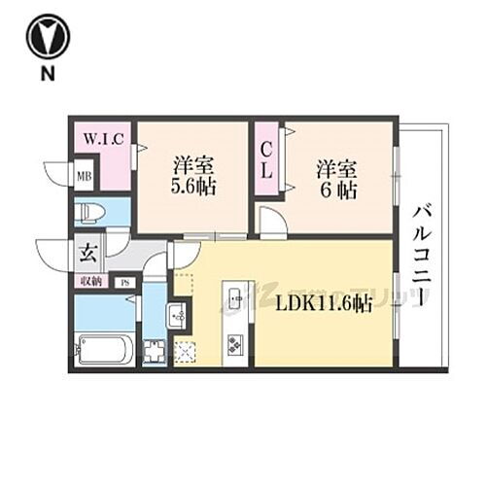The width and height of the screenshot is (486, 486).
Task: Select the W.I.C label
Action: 101,138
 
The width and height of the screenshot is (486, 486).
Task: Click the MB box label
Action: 85,176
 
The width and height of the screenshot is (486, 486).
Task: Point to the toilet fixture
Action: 90,211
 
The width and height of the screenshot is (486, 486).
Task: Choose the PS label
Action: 124,283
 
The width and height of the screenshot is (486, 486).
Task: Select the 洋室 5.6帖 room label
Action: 192,175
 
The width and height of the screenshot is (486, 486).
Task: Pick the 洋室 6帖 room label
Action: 335,177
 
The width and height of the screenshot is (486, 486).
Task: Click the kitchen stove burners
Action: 236,344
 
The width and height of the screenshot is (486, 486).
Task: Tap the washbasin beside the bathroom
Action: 178,315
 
